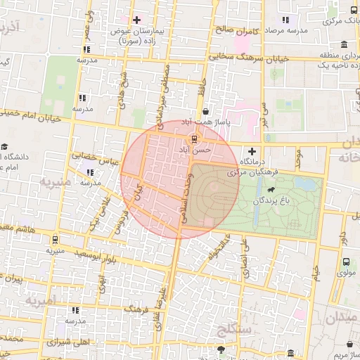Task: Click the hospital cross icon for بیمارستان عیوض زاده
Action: point(136,20)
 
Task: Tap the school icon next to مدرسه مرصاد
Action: point(285,20)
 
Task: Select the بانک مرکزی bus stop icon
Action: point(354,9)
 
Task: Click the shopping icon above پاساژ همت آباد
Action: point(205,112)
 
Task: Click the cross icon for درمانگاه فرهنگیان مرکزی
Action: point(252,151)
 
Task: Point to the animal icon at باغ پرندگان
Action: point(271,189)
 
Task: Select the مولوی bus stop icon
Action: point(345,262)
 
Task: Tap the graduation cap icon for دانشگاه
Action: point(5,147)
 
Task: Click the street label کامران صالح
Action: point(238,31)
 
